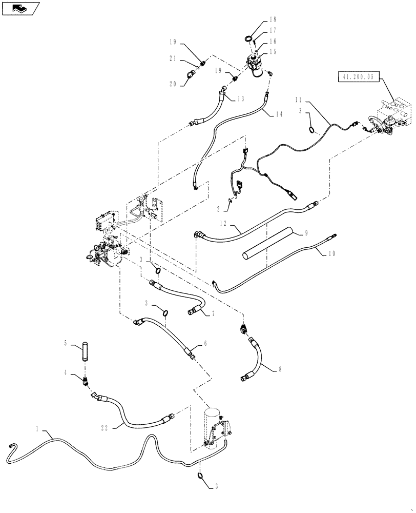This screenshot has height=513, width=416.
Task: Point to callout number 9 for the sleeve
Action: pyautogui.click(x=306, y=233)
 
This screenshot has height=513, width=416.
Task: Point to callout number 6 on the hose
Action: pyautogui.click(x=205, y=345)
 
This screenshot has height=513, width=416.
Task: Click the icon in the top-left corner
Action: pyautogui.click(x=21, y=8)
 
